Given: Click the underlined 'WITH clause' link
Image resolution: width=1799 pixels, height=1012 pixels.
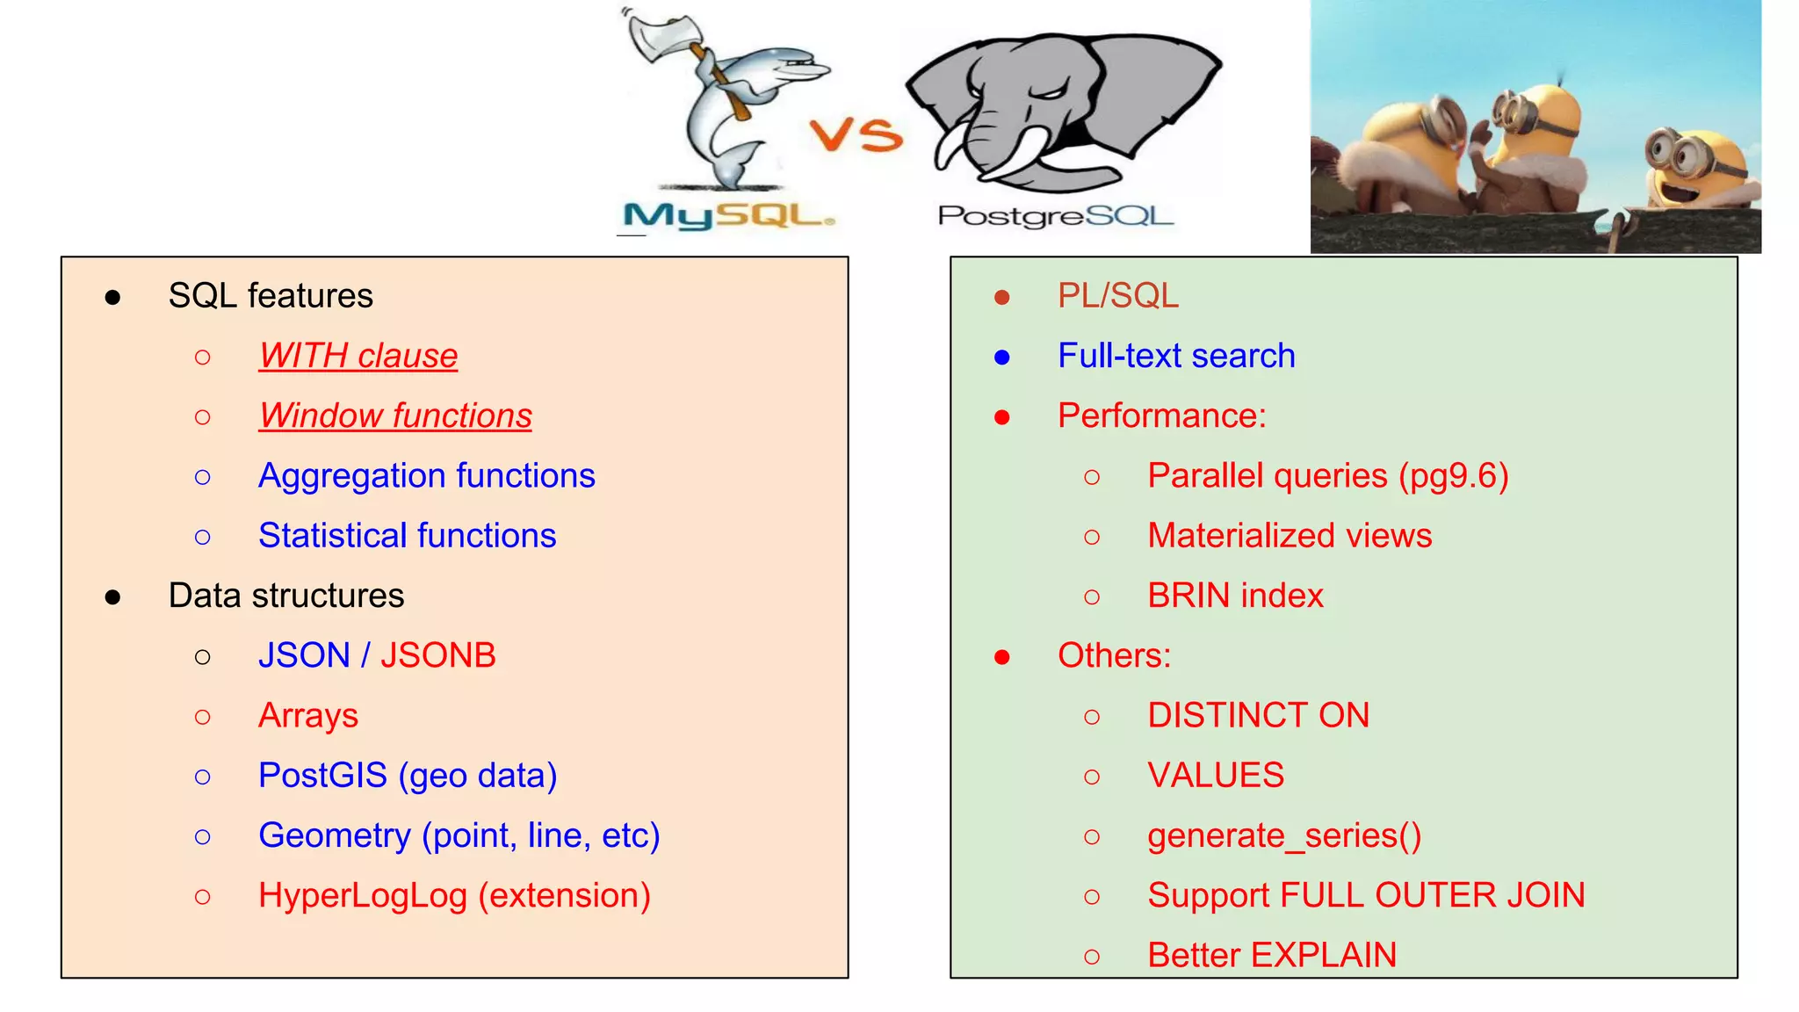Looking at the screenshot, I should click(x=358, y=356).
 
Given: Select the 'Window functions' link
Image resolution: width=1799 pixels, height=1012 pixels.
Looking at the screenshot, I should click(x=395, y=416).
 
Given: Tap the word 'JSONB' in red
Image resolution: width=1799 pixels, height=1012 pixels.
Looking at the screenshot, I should click(x=437, y=655).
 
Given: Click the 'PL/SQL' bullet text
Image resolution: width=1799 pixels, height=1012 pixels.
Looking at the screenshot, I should click(x=1117, y=296).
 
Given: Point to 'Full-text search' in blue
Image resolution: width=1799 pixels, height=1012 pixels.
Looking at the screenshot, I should click(x=1175, y=356).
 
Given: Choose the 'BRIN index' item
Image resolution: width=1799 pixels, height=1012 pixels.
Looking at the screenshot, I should click(x=1234, y=596).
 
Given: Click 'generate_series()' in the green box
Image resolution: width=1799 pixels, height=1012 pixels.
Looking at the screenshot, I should click(x=1283, y=835).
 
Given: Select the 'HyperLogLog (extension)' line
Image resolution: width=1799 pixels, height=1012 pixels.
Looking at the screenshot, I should click(x=454, y=895).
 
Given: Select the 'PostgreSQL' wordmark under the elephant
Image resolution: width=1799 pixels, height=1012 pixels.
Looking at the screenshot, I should click(x=1055, y=215).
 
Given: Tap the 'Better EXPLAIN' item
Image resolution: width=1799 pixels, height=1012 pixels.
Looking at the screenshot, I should click(x=1271, y=955).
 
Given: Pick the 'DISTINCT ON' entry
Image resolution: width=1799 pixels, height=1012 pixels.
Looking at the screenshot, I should click(x=1258, y=715).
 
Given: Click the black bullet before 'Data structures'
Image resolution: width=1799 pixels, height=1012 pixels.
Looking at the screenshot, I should click(x=112, y=597).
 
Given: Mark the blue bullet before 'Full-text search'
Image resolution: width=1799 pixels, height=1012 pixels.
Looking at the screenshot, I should click(x=1002, y=358).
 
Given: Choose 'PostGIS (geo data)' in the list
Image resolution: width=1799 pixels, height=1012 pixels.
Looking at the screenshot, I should click(x=408, y=776).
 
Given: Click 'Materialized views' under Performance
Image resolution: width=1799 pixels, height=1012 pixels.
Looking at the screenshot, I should click(x=1289, y=536).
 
